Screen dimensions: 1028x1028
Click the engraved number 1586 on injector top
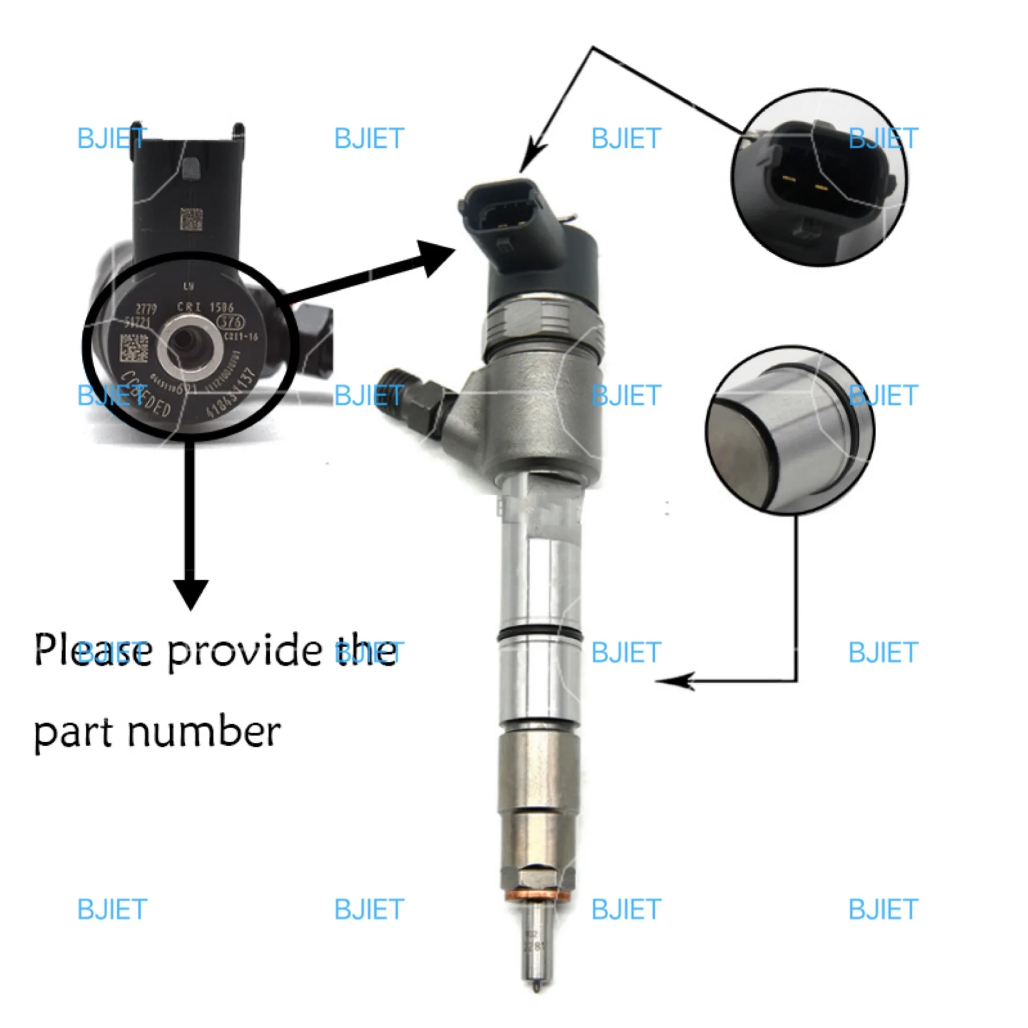221,307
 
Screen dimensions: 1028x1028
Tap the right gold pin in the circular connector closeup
821,187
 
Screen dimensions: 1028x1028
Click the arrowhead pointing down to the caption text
191,594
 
